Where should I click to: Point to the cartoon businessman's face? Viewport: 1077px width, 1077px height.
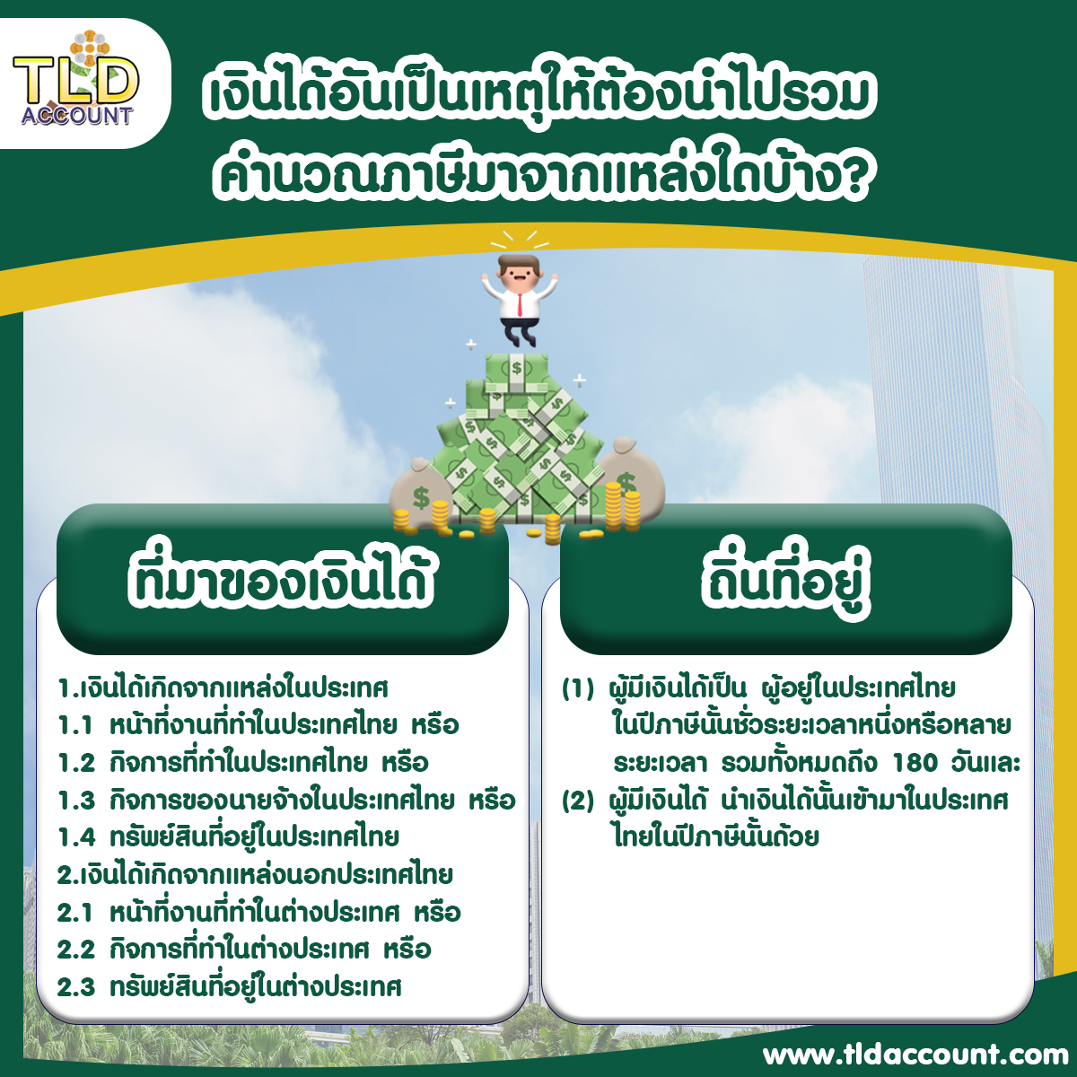520,275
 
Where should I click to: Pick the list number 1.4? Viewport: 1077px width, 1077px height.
76,837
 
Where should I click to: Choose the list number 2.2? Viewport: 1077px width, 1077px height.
76,950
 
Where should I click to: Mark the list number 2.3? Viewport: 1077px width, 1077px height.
76,987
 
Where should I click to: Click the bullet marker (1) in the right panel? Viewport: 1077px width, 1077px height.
577,688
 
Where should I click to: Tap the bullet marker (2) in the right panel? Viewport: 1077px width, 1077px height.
577,801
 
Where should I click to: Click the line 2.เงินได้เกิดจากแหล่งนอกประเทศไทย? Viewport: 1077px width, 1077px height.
255,875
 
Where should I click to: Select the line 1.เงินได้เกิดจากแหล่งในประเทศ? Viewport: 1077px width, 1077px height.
223,688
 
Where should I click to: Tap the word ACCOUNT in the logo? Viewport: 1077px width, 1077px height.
76,116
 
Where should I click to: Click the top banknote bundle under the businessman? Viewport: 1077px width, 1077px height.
516,371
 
